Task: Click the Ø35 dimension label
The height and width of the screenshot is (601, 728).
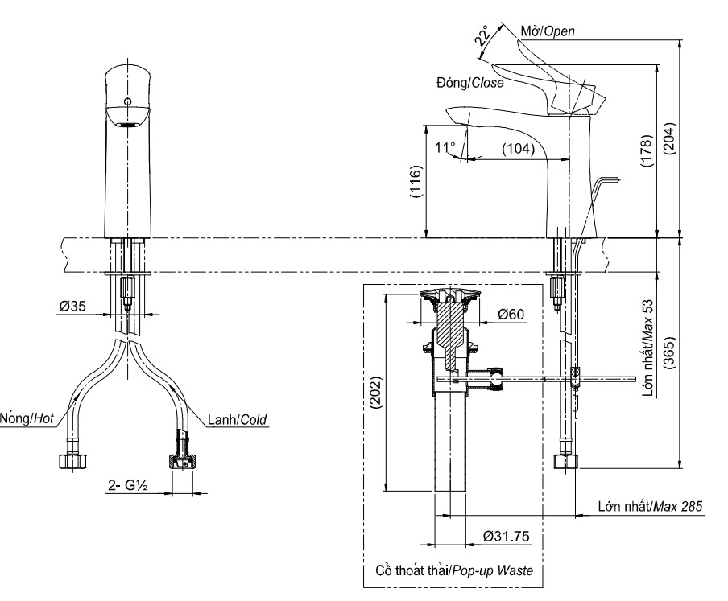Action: point(72,306)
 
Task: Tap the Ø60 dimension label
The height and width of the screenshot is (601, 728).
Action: point(511,315)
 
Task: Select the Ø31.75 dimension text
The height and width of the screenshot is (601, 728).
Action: point(506,536)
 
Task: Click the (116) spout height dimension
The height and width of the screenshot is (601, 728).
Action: point(416,181)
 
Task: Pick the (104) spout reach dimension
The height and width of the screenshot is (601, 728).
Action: point(518,149)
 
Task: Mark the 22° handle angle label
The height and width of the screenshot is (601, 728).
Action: point(482,35)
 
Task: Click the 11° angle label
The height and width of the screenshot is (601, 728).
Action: point(445,147)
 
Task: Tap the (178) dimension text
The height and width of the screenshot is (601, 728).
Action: point(647,151)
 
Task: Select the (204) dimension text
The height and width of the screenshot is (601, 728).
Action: point(669,138)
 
